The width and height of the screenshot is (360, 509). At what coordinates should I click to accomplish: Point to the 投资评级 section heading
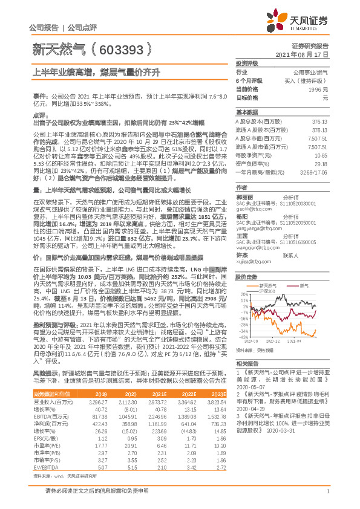coord(246,63)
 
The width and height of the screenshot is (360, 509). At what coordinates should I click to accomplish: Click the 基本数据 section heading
coord(246,112)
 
